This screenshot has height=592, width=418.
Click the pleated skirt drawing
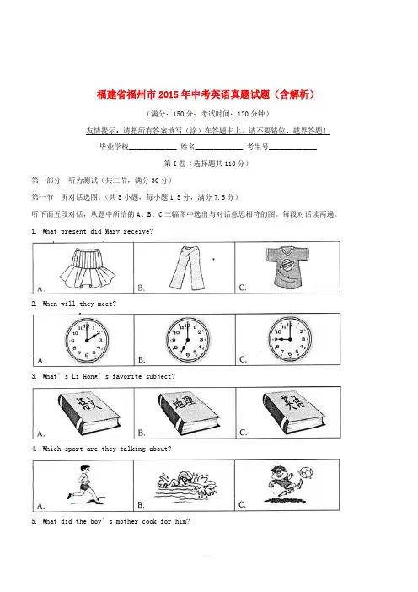(87, 268)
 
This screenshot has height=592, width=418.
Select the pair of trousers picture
(187, 267)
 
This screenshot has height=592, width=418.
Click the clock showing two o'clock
(87, 339)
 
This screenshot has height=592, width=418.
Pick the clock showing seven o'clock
(187, 339)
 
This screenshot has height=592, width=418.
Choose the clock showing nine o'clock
(290, 338)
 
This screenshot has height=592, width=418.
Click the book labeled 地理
(188, 412)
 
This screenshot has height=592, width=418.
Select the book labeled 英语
(293, 412)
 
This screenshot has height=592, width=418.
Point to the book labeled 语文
(89, 413)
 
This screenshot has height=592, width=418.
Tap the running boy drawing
(84, 484)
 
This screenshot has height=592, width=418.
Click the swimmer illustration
(185, 484)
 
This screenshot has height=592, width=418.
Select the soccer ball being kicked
(306, 472)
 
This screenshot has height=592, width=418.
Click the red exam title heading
(206, 94)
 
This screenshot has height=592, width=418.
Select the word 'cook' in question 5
(149, 521)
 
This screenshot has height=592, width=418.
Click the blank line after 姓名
(219, 149)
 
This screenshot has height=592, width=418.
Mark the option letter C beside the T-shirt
(243, 288)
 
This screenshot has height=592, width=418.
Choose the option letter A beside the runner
(40, 505)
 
